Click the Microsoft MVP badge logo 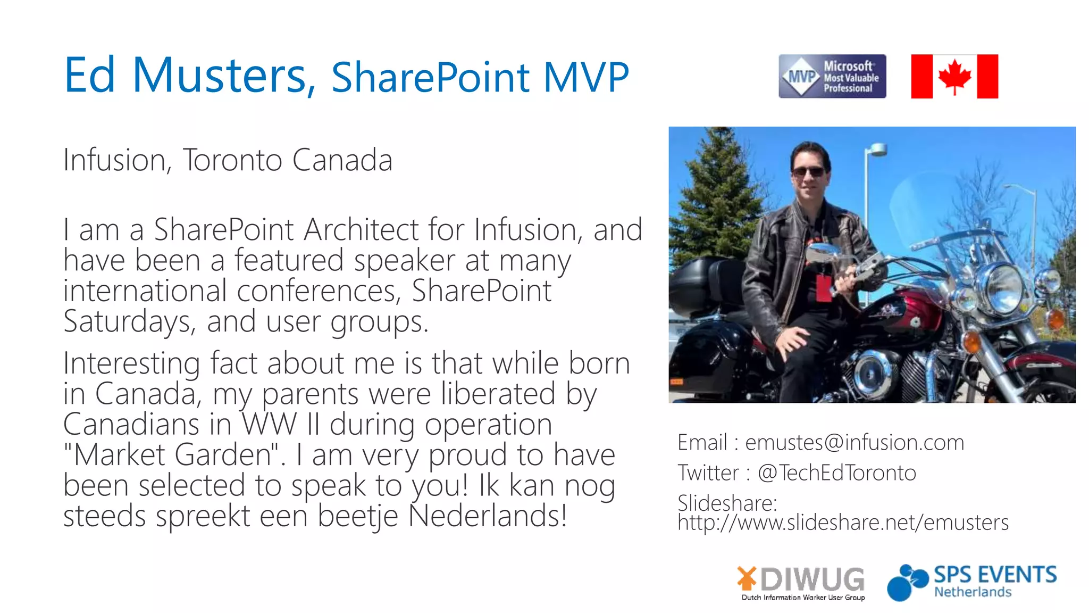832,76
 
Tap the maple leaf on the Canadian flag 954,76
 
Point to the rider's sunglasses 808,172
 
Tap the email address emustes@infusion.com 854,442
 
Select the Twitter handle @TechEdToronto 836,473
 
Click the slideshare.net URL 843,523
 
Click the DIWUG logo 801,582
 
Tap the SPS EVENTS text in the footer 995,575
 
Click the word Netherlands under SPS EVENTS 973,592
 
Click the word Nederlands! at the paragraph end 488,516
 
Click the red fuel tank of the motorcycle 904,309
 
